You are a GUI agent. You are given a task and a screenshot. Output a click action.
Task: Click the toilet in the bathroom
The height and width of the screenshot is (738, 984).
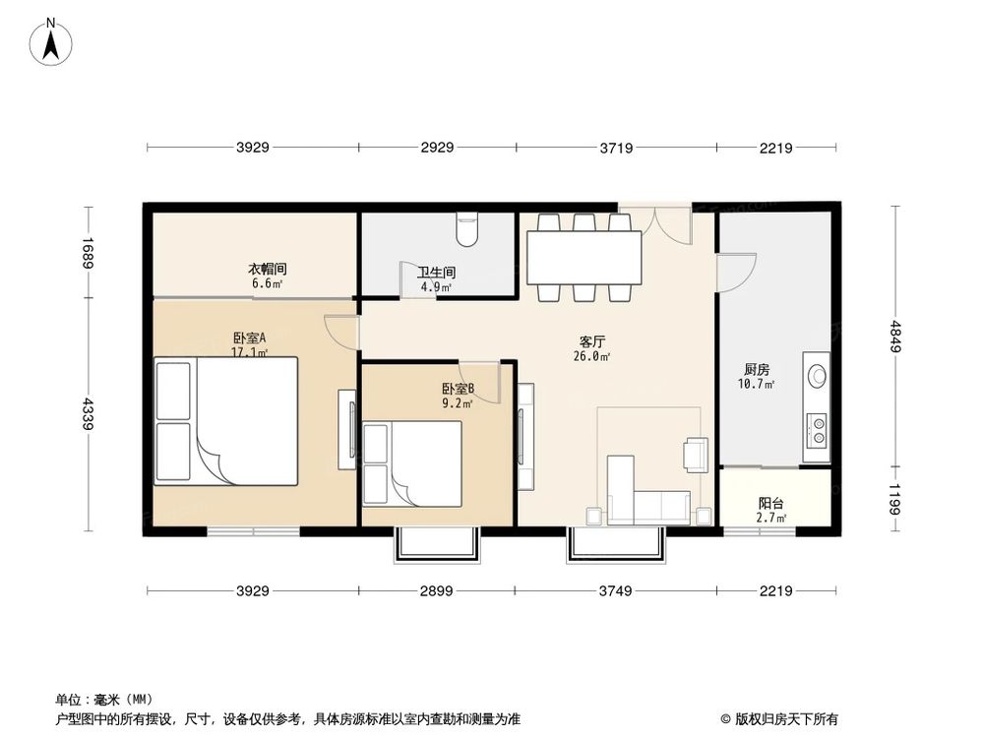467,232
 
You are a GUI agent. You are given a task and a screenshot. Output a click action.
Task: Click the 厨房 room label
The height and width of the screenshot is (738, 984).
757,370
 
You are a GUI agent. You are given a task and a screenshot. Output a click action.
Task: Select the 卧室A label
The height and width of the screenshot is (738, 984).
250,338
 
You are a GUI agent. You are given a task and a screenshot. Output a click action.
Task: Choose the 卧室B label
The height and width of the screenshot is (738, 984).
458,389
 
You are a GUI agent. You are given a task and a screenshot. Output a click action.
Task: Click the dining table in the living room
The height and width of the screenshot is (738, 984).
584,257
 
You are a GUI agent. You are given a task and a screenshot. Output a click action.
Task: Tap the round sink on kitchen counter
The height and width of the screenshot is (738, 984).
817,375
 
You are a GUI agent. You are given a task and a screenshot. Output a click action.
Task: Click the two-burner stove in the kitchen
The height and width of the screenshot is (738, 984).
817,428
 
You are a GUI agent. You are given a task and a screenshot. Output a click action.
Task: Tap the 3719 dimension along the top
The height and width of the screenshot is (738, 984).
616,148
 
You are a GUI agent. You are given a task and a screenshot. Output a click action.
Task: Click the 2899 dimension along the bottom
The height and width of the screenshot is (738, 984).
436,590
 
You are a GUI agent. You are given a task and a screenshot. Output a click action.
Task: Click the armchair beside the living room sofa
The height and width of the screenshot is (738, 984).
697,453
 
